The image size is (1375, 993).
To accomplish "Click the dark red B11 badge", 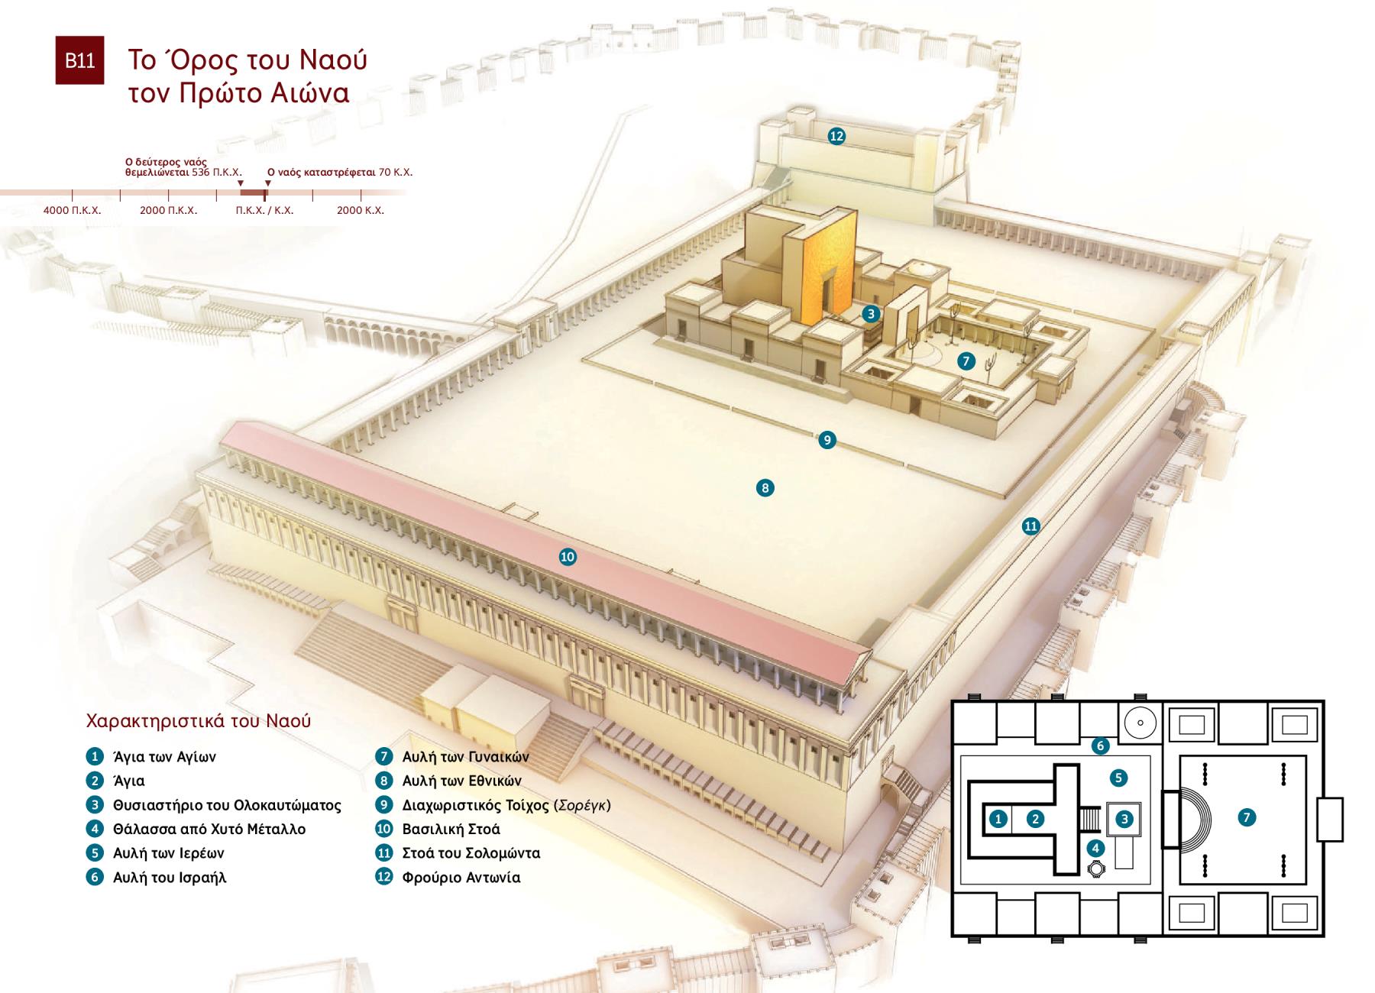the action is point(79,60).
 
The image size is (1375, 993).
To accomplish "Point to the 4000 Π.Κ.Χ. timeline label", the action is point(72,210).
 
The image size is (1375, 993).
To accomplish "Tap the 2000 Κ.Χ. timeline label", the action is point(361,210).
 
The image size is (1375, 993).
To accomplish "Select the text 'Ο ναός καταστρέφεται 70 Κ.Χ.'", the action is point(340,173).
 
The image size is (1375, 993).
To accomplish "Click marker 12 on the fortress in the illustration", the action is point(836,136).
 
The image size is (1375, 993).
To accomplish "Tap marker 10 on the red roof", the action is point(568,557).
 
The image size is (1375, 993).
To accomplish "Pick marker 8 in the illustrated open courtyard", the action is point(765,487).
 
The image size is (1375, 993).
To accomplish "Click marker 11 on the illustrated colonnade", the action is point(1031,526).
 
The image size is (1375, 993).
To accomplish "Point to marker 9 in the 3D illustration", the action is point(827,440).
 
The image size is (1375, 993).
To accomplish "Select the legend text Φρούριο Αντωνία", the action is point(461,878).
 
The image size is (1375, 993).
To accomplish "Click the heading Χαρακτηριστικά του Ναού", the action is point(199,721).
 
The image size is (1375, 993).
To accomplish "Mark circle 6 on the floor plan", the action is point(1100,746).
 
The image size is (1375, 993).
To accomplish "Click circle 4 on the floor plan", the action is point(1095,848).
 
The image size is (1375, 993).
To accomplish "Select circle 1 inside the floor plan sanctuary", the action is point(998,819).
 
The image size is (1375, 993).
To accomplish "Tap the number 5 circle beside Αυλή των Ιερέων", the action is point(95,853).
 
